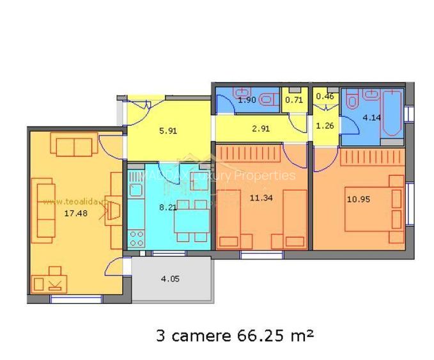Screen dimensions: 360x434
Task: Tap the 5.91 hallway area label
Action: tap(167, 132)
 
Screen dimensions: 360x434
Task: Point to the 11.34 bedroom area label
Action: tap(262, 198)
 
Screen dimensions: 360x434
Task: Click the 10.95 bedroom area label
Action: tap(358, 199)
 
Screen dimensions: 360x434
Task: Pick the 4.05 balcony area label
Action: tap(170, 278)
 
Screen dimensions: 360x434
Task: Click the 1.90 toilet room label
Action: tap(247, 100)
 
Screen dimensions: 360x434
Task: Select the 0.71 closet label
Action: tap(293, 100)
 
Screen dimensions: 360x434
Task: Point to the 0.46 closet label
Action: tap(325, 97)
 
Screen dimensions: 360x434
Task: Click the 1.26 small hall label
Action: tap(325, 125)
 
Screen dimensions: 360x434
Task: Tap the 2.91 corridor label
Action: tap(261, 129)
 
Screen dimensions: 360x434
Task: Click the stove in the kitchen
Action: tap(137, 238)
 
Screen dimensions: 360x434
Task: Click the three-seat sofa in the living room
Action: tap(45, 208)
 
